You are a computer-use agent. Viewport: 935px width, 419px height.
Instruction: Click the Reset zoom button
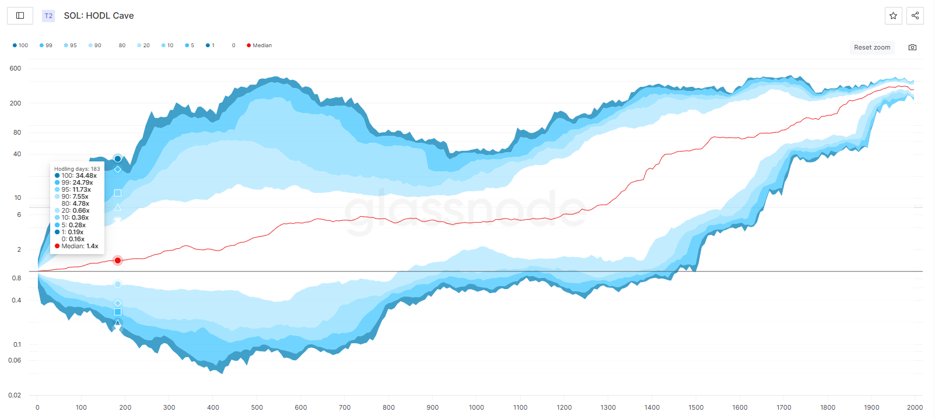872,48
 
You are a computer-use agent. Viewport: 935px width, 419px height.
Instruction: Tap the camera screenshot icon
912,48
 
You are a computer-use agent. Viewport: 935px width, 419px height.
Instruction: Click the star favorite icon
893,16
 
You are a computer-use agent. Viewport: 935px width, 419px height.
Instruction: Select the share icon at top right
915,16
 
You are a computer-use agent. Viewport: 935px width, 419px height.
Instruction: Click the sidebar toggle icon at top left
20,16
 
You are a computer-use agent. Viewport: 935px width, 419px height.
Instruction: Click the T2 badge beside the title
48,16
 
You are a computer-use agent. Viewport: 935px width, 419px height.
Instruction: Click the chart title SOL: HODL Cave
99,16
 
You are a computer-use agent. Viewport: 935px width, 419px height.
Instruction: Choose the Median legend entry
260,45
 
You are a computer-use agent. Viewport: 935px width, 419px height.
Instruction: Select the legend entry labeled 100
20,45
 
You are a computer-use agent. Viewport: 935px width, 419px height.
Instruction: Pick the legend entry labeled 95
71,45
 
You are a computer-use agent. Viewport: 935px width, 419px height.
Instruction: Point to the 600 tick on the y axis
15,68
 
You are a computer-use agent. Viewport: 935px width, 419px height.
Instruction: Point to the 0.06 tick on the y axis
15,360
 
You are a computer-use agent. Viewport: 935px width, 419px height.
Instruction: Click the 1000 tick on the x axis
477,407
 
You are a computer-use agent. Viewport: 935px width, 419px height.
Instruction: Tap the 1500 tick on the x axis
696,407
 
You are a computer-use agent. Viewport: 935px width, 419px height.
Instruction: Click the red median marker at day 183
118,260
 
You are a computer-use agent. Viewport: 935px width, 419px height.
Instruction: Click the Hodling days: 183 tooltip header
77,169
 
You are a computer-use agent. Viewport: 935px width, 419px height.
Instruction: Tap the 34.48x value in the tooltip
86,175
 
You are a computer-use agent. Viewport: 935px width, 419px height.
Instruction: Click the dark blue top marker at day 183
118,159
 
